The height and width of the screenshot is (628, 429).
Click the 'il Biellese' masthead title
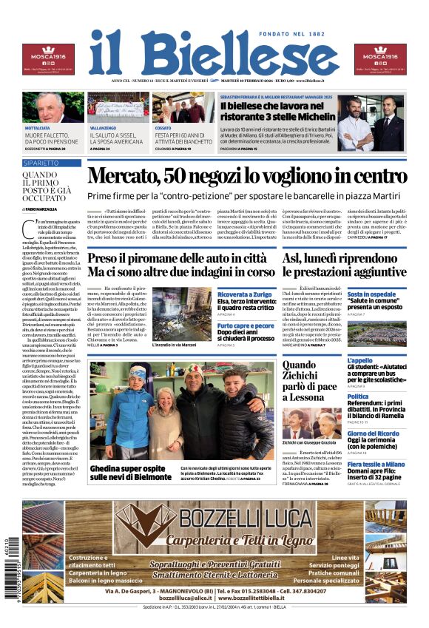click(214, 53)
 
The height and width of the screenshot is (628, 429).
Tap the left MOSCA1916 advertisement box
click(48, 59)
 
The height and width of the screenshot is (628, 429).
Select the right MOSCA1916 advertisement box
click(380, 59)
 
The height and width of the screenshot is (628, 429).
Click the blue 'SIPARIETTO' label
click(41, 162)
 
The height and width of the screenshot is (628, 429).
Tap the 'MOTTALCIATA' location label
click(37, 128)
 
